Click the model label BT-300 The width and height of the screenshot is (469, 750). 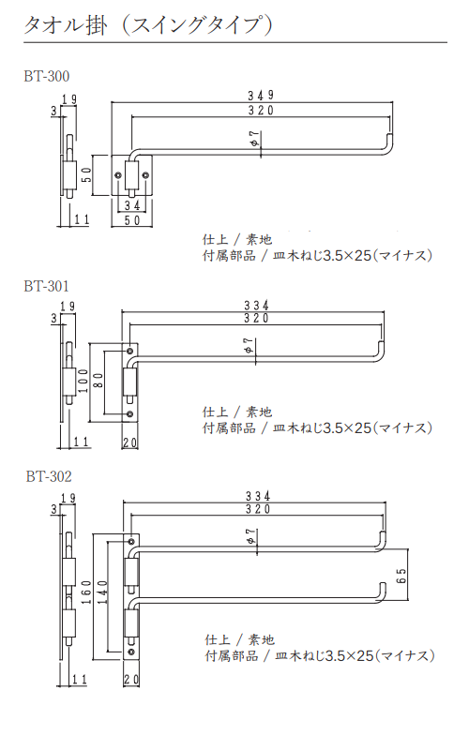(x=47, y=76)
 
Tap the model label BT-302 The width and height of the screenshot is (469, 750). (x=48, y=475)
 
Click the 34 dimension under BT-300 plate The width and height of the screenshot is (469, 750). (x=132, y=204)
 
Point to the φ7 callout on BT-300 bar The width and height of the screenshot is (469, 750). (x=254, y=140)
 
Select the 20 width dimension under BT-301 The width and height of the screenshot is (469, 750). (x=129, y=442)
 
